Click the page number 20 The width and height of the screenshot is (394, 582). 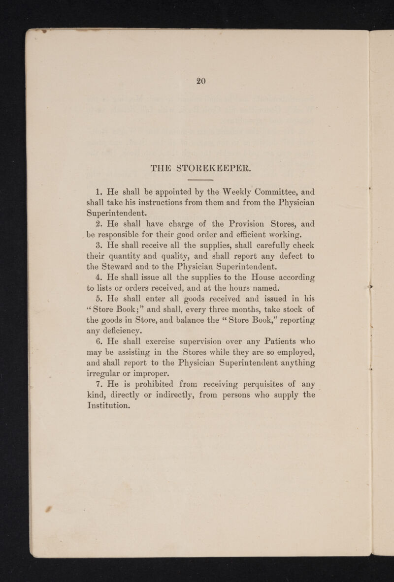[199, 81]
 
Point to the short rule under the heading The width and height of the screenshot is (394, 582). [200, 181]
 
